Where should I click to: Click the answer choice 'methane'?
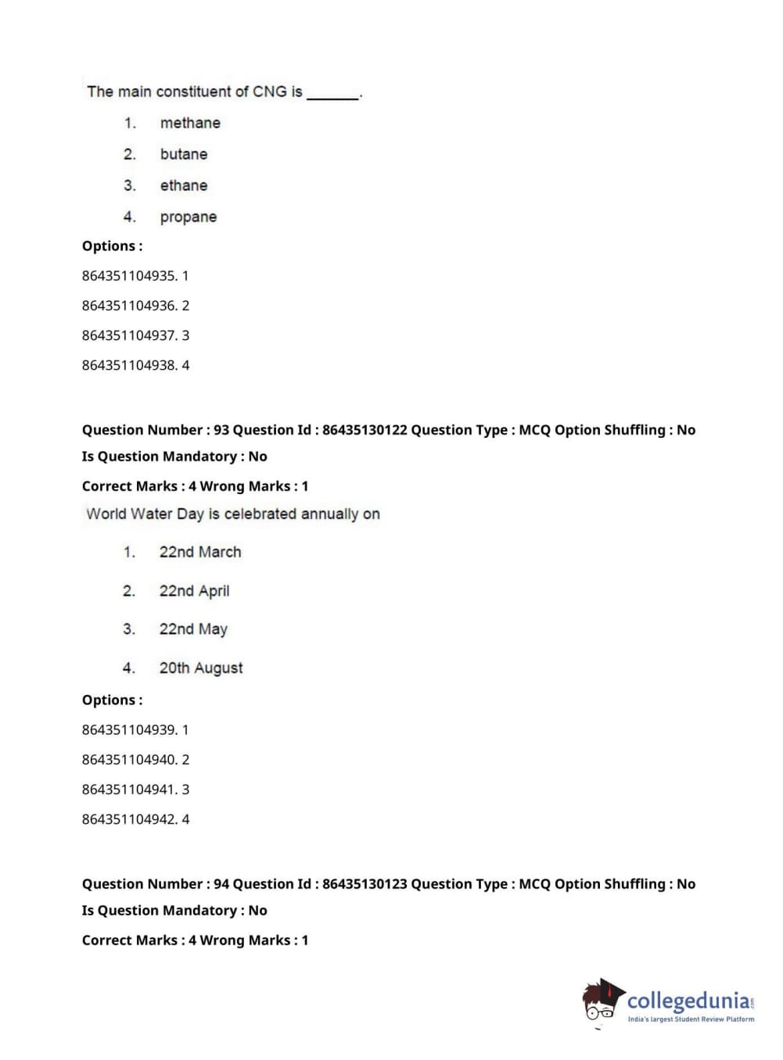coord(190,123)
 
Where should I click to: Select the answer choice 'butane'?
coord(184,154)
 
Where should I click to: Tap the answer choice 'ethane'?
coord(184,185)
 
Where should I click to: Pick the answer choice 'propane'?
coord(189,217)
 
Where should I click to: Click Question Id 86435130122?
coord(365,430)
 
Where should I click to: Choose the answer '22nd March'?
coord(200,552)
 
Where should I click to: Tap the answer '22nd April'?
coord(194,591)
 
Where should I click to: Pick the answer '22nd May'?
coord(193,629)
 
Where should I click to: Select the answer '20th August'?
coord(201,668)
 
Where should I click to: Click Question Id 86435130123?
coord(365,884)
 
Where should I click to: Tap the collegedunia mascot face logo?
coord(602,1001)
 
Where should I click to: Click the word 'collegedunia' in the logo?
coord(688,1001)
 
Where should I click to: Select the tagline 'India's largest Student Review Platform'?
coord(691,1019)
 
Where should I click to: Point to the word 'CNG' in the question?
coord(270,91)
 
